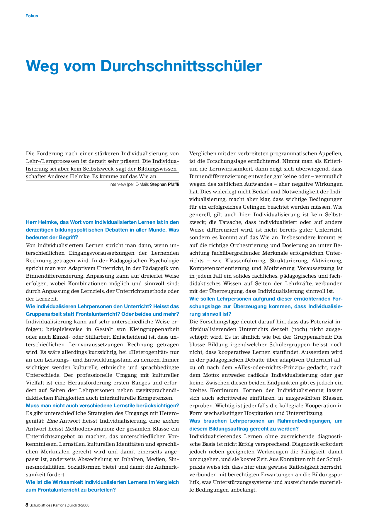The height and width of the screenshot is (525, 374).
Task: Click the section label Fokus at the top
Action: pyautogui.click(x=32, y=16)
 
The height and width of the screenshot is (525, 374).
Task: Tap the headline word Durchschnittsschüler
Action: pyautogui.click(x=181, y=66)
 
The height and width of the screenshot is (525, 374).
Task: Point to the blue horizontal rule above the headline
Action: pyautogui.click(x=184, y=56)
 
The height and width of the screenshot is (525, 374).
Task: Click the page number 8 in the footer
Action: pyautogui.click(x=27, y=505)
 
